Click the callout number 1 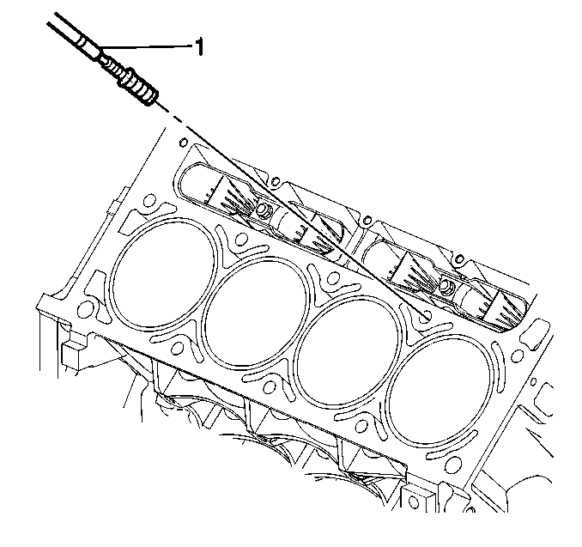coord(200,46)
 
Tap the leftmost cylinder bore coord(162,275)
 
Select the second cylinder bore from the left coord(257,313)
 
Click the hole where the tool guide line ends coord(426,316)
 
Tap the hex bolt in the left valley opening coord(263,210)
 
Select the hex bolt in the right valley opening coord(446,286)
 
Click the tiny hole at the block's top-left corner coord(183,143)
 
